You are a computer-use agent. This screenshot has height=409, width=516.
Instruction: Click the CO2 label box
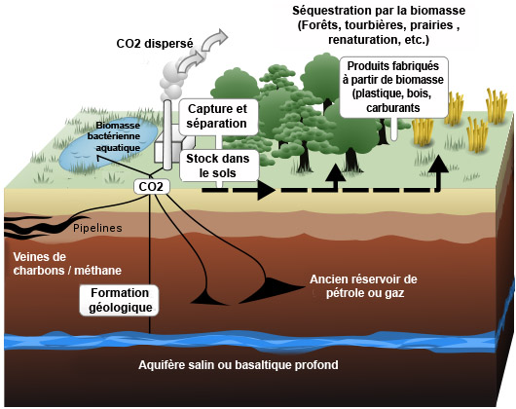click(x=152, y=186)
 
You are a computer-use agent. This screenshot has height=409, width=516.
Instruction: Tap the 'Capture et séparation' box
click(x=216, y=116)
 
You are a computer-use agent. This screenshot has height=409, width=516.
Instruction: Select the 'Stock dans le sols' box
click(x=217, y=165)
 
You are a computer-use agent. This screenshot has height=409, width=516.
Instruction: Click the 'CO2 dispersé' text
click(x=155, y=44)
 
